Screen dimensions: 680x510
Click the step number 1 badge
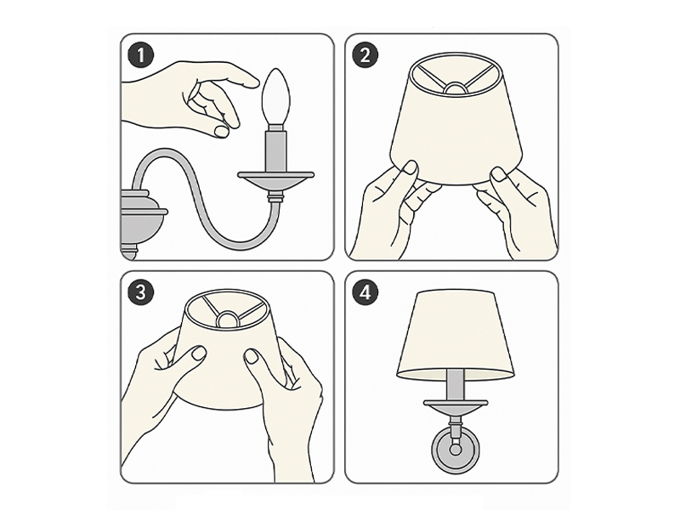point(140,55)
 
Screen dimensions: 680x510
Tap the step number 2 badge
point(365,55)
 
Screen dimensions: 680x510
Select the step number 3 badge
point(140,292)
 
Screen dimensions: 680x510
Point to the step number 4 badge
point(365,292)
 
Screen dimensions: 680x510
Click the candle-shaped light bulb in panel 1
point(275,96)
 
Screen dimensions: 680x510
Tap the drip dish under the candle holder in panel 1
point(275,181)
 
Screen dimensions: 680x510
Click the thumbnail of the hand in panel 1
point(221,132)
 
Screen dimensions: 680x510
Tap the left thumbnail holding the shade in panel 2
point(411,167)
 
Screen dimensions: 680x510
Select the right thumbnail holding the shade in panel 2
point(499,175)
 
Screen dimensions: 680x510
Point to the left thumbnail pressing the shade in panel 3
point(199,353)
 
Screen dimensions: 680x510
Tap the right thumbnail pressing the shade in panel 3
point(252,356)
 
